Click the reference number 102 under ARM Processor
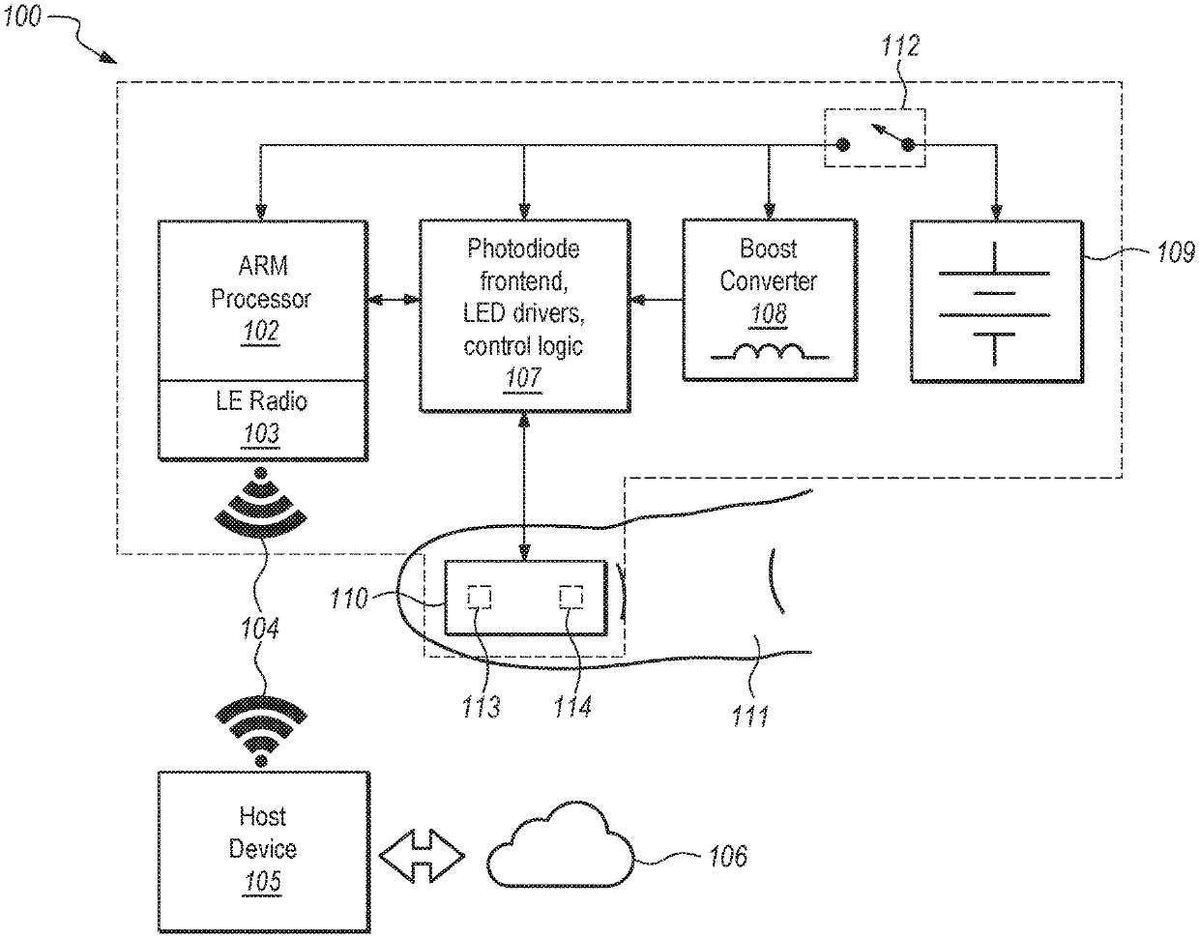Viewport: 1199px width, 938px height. (261, 331)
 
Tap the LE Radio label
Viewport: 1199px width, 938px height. (261, 401)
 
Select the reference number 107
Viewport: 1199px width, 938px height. (523, 378)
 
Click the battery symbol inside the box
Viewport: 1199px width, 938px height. (994, 304)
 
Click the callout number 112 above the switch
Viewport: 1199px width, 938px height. (900, 45)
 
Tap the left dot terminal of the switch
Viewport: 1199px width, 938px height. (843, 145)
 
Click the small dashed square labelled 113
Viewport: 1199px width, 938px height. (479, 597)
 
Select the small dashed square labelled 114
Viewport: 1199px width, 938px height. (571, 597)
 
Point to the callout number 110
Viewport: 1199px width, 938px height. (349, 599)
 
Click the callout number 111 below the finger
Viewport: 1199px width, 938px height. (750, 717)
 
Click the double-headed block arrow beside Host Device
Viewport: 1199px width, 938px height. (423, 856)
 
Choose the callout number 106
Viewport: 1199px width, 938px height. (728, 856)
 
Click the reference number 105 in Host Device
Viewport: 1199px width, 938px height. (263, 881)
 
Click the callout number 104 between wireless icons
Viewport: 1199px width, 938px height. (260, 629)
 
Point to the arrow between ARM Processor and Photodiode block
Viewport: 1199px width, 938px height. (394, 300)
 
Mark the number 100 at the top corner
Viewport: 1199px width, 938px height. (22, 16)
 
